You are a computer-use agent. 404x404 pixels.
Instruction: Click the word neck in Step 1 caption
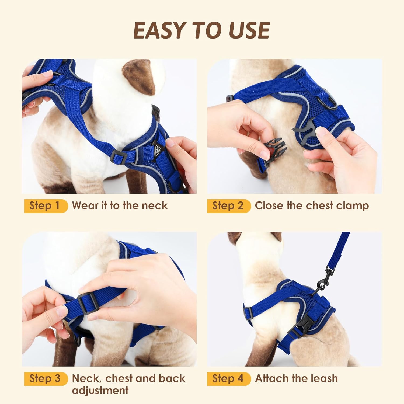155,206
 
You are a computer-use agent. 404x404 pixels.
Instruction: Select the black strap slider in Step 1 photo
119,157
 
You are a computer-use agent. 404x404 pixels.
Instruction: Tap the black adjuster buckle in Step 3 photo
86,304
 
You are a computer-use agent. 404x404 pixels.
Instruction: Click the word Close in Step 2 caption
269,206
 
